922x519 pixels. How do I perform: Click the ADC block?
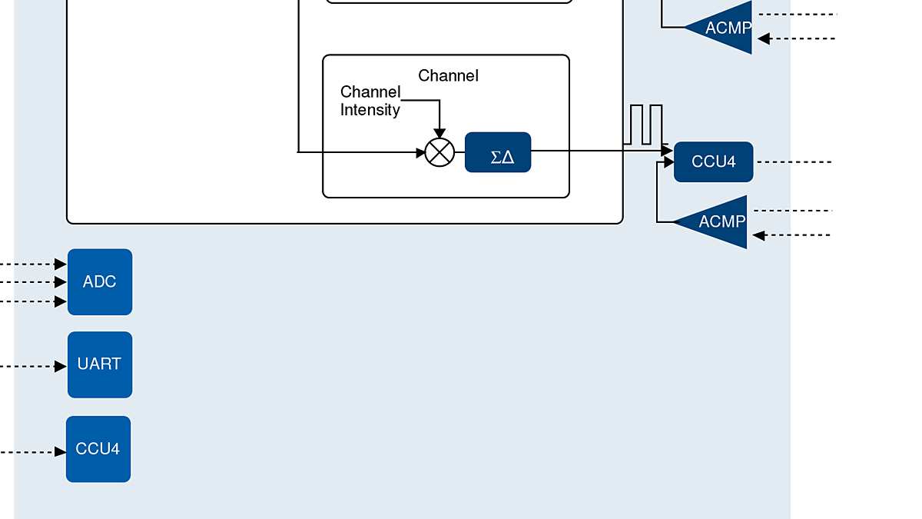pyautogui.click(x=100, y=281)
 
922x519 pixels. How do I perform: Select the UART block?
pyautogui.click(x=100, y=364)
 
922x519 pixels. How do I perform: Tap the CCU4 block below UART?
pyautogui.click(x=98, y=449)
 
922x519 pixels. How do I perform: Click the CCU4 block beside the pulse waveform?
pyautogui.click(x=713, y=161)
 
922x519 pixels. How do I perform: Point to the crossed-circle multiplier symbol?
pyautogui.click(x=439, y=152)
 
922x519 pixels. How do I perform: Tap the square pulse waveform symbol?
pyautogui.click(x=643, y=125)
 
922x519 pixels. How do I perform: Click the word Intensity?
pyautogui.click(x=370, y=110)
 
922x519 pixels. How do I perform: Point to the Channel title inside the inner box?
pyautogui.click(x=448, y=75)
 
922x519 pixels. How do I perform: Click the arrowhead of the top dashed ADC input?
pyautogui.click(x=61, y=264)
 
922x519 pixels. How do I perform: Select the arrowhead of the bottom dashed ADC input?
pyautogui.click(x=61, y=301)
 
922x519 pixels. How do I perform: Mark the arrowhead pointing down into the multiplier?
pyautogui.click(x=439, y=134)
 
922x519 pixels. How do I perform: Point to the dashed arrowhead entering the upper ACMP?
pyautogui.click(x=764, y=38)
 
